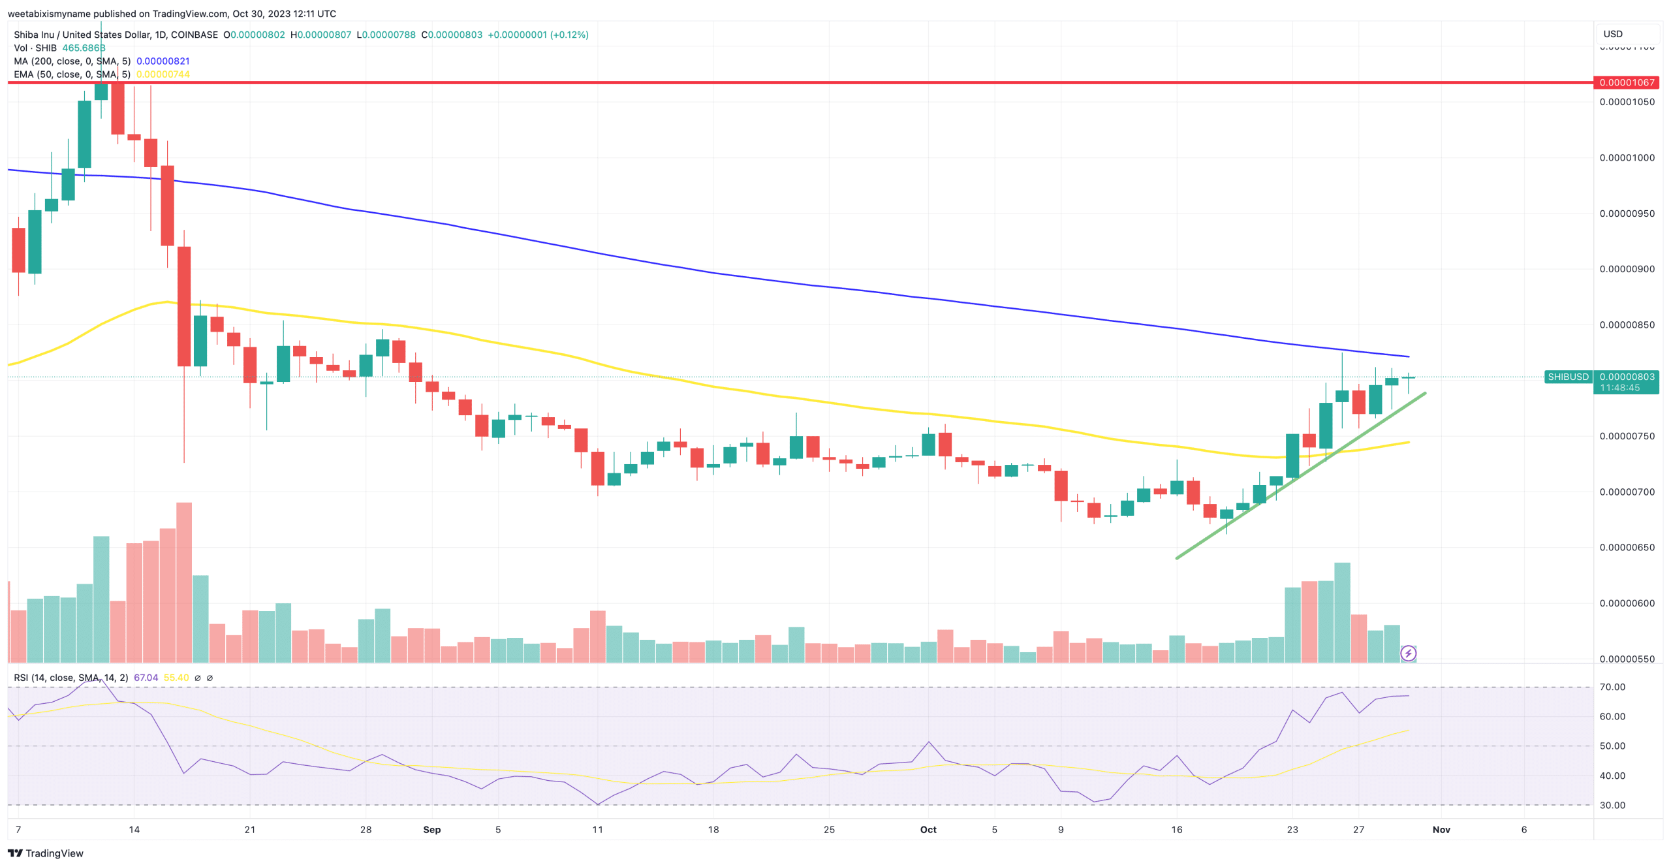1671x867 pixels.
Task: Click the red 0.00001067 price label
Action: click(1627, 82)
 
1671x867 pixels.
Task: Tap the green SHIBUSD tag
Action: click(1568, 377)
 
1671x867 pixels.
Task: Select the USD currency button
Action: click(1613, 34)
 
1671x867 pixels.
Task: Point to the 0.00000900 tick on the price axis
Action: click(1627, 269)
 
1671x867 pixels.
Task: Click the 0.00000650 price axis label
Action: click(1627, 547)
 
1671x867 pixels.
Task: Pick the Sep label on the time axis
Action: click(431, 829)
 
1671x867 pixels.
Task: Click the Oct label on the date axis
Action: click(928, 829)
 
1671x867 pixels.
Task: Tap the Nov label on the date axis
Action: click(1441, 829)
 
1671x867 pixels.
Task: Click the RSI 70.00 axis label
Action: click(1612, 687)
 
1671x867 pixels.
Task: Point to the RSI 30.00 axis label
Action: click(1612, 805)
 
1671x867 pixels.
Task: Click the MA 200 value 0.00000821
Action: click(163, 61)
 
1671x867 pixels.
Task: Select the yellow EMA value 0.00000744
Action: click(163, 74)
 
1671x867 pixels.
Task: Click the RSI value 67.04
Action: click(146, 678)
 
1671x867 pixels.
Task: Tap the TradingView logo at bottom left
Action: click(46, 853)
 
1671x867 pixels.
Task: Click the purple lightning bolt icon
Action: click(1408, 653)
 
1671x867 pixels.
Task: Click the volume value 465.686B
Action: click(84, 48)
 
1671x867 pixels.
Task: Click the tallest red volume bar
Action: click(184, 581)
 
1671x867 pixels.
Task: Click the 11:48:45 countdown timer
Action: click(1619, 388)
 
